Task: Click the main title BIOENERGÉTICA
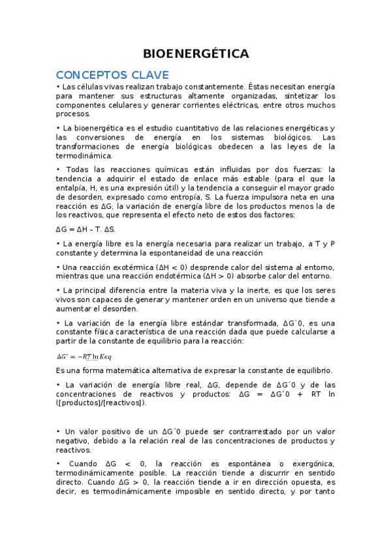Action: (195, 53)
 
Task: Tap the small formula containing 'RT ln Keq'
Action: (84, 356)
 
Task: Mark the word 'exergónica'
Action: (310, 464)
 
